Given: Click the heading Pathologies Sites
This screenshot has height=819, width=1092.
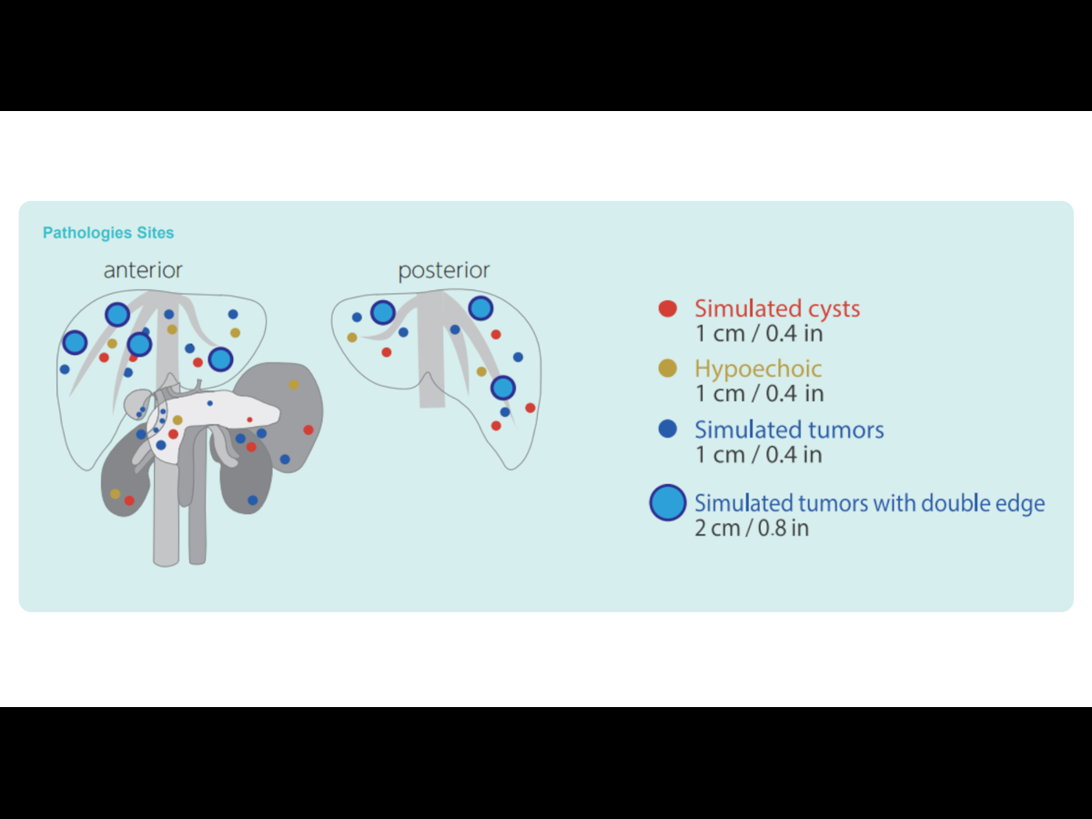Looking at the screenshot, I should pos(108,233).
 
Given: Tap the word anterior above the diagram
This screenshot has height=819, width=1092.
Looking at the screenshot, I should pos(143,270).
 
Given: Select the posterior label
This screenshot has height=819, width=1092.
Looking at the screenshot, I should pos(443,270).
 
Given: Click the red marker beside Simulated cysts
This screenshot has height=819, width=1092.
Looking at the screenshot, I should pos(667,308).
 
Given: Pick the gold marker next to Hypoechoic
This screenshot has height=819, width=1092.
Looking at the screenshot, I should pos(667,369).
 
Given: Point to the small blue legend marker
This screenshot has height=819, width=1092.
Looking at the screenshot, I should pos(667,430).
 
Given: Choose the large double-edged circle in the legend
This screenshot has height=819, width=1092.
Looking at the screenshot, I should pos(668,502).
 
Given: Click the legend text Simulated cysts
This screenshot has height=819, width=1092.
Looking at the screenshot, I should pos(777,308).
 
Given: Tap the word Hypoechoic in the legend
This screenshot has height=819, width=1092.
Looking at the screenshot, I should pos(758,369).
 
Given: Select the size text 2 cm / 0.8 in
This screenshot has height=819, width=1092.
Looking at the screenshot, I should pos(752,528).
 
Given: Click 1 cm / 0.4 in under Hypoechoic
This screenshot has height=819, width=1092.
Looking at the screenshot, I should pos(760,394).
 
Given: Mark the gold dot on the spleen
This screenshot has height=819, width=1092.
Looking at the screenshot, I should pos(294,385).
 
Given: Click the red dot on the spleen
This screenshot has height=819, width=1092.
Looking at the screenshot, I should pos(308,430).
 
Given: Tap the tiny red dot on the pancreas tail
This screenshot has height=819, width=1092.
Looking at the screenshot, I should pos(249,420).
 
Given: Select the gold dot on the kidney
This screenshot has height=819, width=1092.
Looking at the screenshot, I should pos(115,493).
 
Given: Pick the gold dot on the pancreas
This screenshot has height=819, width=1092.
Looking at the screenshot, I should pos(177,420).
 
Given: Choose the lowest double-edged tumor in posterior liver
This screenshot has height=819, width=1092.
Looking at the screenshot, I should pos(503,388).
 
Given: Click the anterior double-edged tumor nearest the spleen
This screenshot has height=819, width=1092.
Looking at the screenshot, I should pos(220,359).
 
